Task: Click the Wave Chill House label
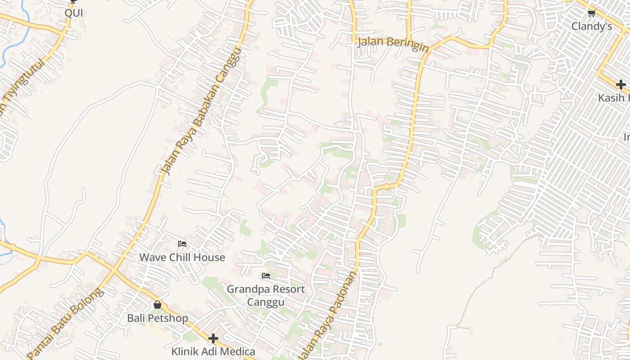click(x=182, y=257)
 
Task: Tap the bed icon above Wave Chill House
click(x=182, y=244)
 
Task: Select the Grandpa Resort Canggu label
click(x=265, y=295)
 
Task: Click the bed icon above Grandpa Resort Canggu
click(x=266, y=275)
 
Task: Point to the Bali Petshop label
click(x=157, y=318)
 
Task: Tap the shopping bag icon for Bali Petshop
click(x=157, y=305)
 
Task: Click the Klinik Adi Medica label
click(x=213, y=351)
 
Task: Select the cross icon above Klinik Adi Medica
click(x=213, y=338)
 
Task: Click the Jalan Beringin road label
click(x=393, y=45)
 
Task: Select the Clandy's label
click(x=591, y=27)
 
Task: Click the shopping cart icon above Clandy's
click(x=591, y=13)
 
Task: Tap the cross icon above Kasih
click(x=621, y=84)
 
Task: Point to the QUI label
click(x=74, y=13)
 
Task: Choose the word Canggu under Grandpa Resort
click(x=265, y=301)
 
